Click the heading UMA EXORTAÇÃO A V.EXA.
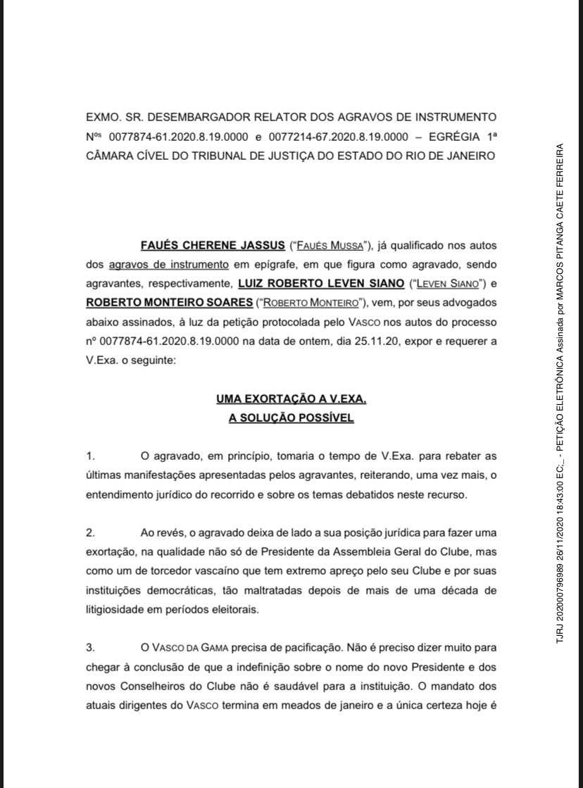coord(291,400)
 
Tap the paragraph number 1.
coord(89,457)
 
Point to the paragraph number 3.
coord(89,647)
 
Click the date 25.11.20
coord(386,341)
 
